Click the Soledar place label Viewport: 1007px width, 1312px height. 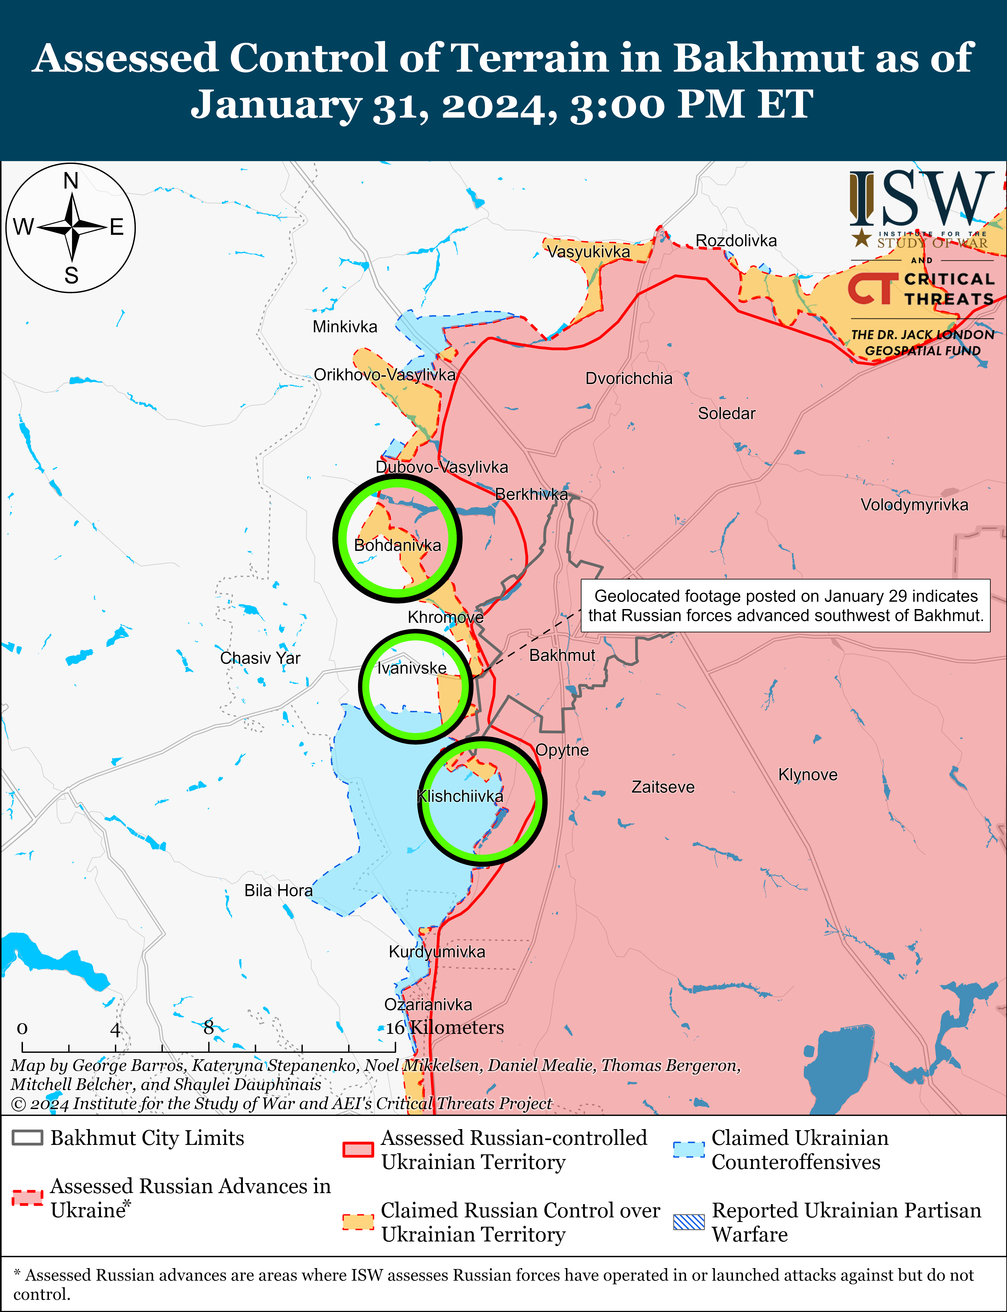point(726,413)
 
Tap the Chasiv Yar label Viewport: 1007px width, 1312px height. point(260,658)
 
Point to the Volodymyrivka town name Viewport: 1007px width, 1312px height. point(914,505)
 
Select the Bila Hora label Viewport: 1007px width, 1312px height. point(278,890)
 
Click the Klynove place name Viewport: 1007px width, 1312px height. point(807,774)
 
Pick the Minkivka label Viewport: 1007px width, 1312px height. point(345,327)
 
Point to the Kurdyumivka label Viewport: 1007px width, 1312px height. point(437,951)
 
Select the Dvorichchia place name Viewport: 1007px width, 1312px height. point(629,379)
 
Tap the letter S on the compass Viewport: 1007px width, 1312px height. point(71,275)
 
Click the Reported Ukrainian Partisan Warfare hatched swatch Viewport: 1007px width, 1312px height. point(689,1222)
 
